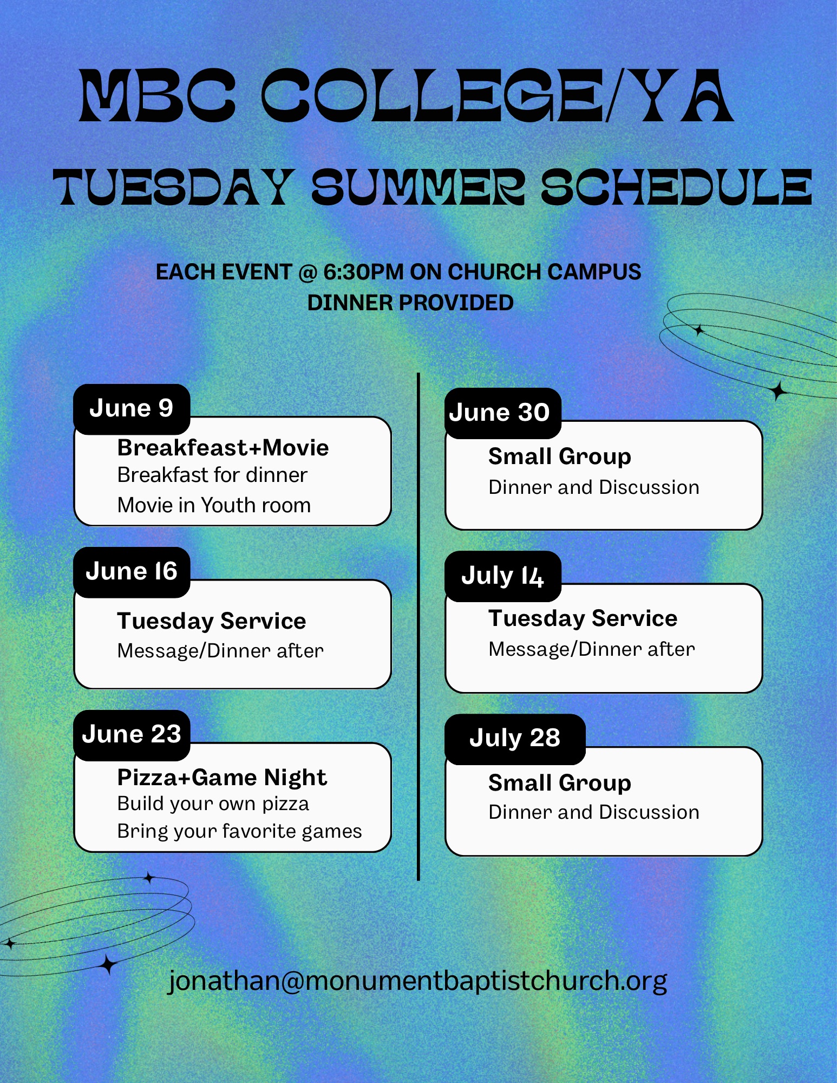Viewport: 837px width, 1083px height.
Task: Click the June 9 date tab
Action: (x=132, y=409)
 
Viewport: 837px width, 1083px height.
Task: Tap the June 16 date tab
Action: (x=132, y=572)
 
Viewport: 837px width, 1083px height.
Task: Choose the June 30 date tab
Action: (x=502, y=413)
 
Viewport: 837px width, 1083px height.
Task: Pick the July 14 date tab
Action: (x=502, y=576)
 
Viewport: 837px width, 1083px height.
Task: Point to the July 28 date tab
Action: (x=515, y=739)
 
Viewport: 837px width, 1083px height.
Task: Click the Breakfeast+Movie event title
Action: (x=223, y=448)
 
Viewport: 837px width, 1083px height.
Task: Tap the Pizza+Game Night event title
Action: (x=222, y=778)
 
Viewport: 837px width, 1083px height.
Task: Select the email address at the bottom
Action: (x=417, y=981)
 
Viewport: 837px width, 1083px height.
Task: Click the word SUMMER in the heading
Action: (x=418, y=187)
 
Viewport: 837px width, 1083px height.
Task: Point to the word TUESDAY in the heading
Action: (x=173, y=187)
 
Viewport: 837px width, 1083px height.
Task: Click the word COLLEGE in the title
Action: (x=433, y=96)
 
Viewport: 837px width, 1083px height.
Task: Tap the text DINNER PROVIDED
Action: (x=410, y=303)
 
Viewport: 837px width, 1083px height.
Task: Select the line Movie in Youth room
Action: (x=214, y=505)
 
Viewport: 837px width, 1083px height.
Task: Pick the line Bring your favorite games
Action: (x=240, y=832)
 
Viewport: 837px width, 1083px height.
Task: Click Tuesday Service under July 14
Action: (x=583, y=619)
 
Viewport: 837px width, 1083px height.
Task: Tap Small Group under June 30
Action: (x=560, y=457)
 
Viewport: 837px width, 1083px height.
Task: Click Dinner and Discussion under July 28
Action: (x=594, y=812)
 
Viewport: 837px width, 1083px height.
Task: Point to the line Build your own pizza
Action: (x=213, y=804)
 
